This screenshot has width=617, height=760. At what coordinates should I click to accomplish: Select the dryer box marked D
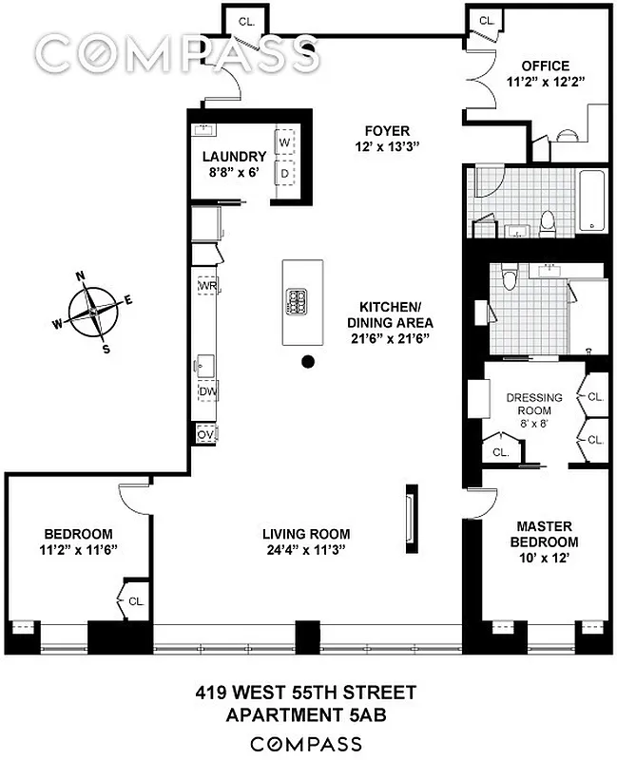tap(284, 175)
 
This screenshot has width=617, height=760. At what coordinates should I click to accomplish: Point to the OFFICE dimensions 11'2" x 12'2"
tap(546, 83)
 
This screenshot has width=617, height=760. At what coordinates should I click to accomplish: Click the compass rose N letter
tap(82, 277)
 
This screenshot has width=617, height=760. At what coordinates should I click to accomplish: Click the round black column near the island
tap(308, 361)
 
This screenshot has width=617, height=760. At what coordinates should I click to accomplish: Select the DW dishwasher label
tap(207, 391)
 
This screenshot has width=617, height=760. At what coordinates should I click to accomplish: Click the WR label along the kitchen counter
tap(207, 285)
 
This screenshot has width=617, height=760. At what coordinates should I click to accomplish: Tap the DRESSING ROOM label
tap(533, 405)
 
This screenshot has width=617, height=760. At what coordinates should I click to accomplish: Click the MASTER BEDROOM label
tap(543, 533)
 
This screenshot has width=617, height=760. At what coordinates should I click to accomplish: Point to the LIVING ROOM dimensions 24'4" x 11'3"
tap(306, 549)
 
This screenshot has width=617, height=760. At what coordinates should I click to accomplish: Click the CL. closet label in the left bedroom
tap(136, 600)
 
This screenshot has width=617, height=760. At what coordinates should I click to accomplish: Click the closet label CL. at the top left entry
tap(246, 20)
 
